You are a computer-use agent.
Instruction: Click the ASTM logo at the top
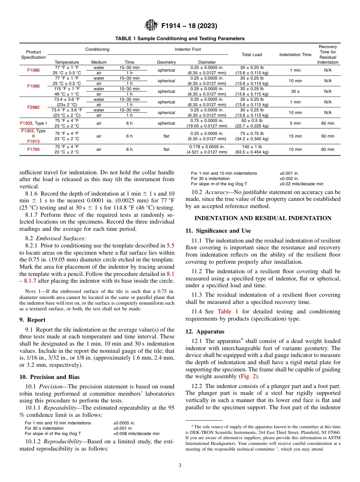point(152,26)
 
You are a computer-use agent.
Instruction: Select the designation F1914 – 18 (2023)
point(189,26)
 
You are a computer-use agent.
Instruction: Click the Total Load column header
point(252,55)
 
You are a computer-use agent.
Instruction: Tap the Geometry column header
point(166,62)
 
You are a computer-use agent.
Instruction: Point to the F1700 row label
point(33,149)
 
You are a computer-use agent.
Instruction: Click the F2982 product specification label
point(33,107)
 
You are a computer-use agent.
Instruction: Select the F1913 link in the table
point(33,141)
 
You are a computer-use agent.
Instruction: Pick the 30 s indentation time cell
point(295,91)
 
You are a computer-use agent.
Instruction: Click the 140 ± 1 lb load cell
point(252,147)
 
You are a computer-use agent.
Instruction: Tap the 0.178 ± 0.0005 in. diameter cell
point(207,147)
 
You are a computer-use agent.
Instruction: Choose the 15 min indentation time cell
point(295,136)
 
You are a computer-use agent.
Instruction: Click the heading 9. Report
point(32,320)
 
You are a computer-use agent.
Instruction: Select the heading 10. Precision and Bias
point(49,377)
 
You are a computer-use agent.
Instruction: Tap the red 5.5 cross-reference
point(171,246)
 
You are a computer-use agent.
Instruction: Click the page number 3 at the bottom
point(180,465)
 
